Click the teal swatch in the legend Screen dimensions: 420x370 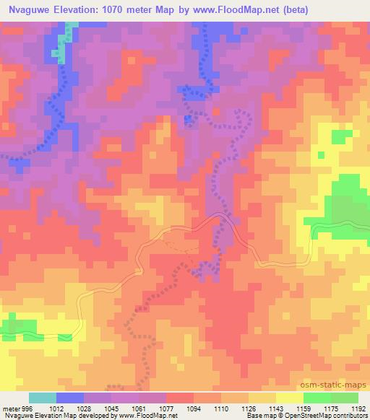click(x=43, y=398)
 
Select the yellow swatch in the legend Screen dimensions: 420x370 click(x=290, y=398)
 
